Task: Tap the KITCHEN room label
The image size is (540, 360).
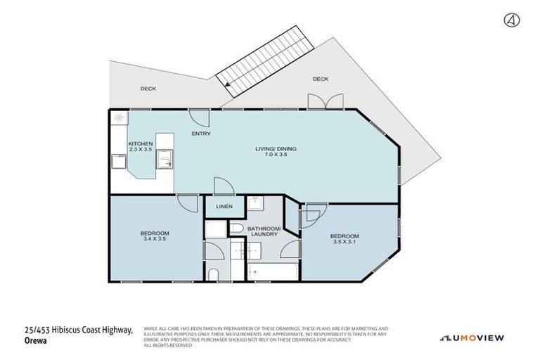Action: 140,143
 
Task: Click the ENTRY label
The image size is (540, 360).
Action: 201,134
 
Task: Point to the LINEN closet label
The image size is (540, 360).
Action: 224,207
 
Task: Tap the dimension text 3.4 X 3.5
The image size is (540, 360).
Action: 155,239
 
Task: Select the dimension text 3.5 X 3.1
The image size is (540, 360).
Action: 345,242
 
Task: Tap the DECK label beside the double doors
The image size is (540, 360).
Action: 320,79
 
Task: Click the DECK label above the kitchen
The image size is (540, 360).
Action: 148,89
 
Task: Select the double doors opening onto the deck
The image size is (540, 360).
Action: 325,103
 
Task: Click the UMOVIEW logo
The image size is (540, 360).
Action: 472,338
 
